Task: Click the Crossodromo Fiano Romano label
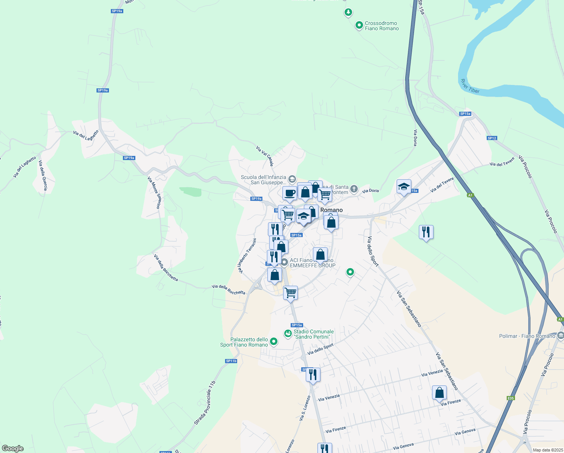point(382,26)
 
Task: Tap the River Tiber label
point(470,86)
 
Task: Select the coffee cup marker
point(290,193)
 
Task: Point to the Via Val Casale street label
point(265,156)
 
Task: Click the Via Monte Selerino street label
point(154,193)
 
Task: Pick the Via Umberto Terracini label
point(247,256)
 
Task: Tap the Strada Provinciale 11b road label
point(205,403)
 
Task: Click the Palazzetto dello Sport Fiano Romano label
point(244,342)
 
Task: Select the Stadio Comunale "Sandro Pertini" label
point(313,334)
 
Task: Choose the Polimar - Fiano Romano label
point(527,336)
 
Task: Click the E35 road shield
point(510,398)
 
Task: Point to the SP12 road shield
point(492,138)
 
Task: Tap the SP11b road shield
point(231,361)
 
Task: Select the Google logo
point(13,448)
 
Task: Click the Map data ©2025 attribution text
point(548,450)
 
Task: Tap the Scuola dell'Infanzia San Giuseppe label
point(264,180)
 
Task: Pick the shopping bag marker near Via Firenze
point(439,393)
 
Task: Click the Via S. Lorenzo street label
point(305,408)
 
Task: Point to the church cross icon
point(354,188)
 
